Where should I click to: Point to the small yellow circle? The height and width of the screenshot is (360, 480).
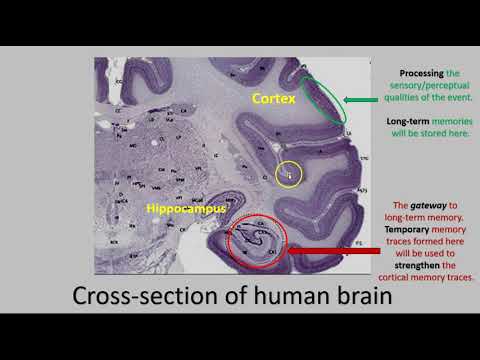(x=290, y=175)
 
